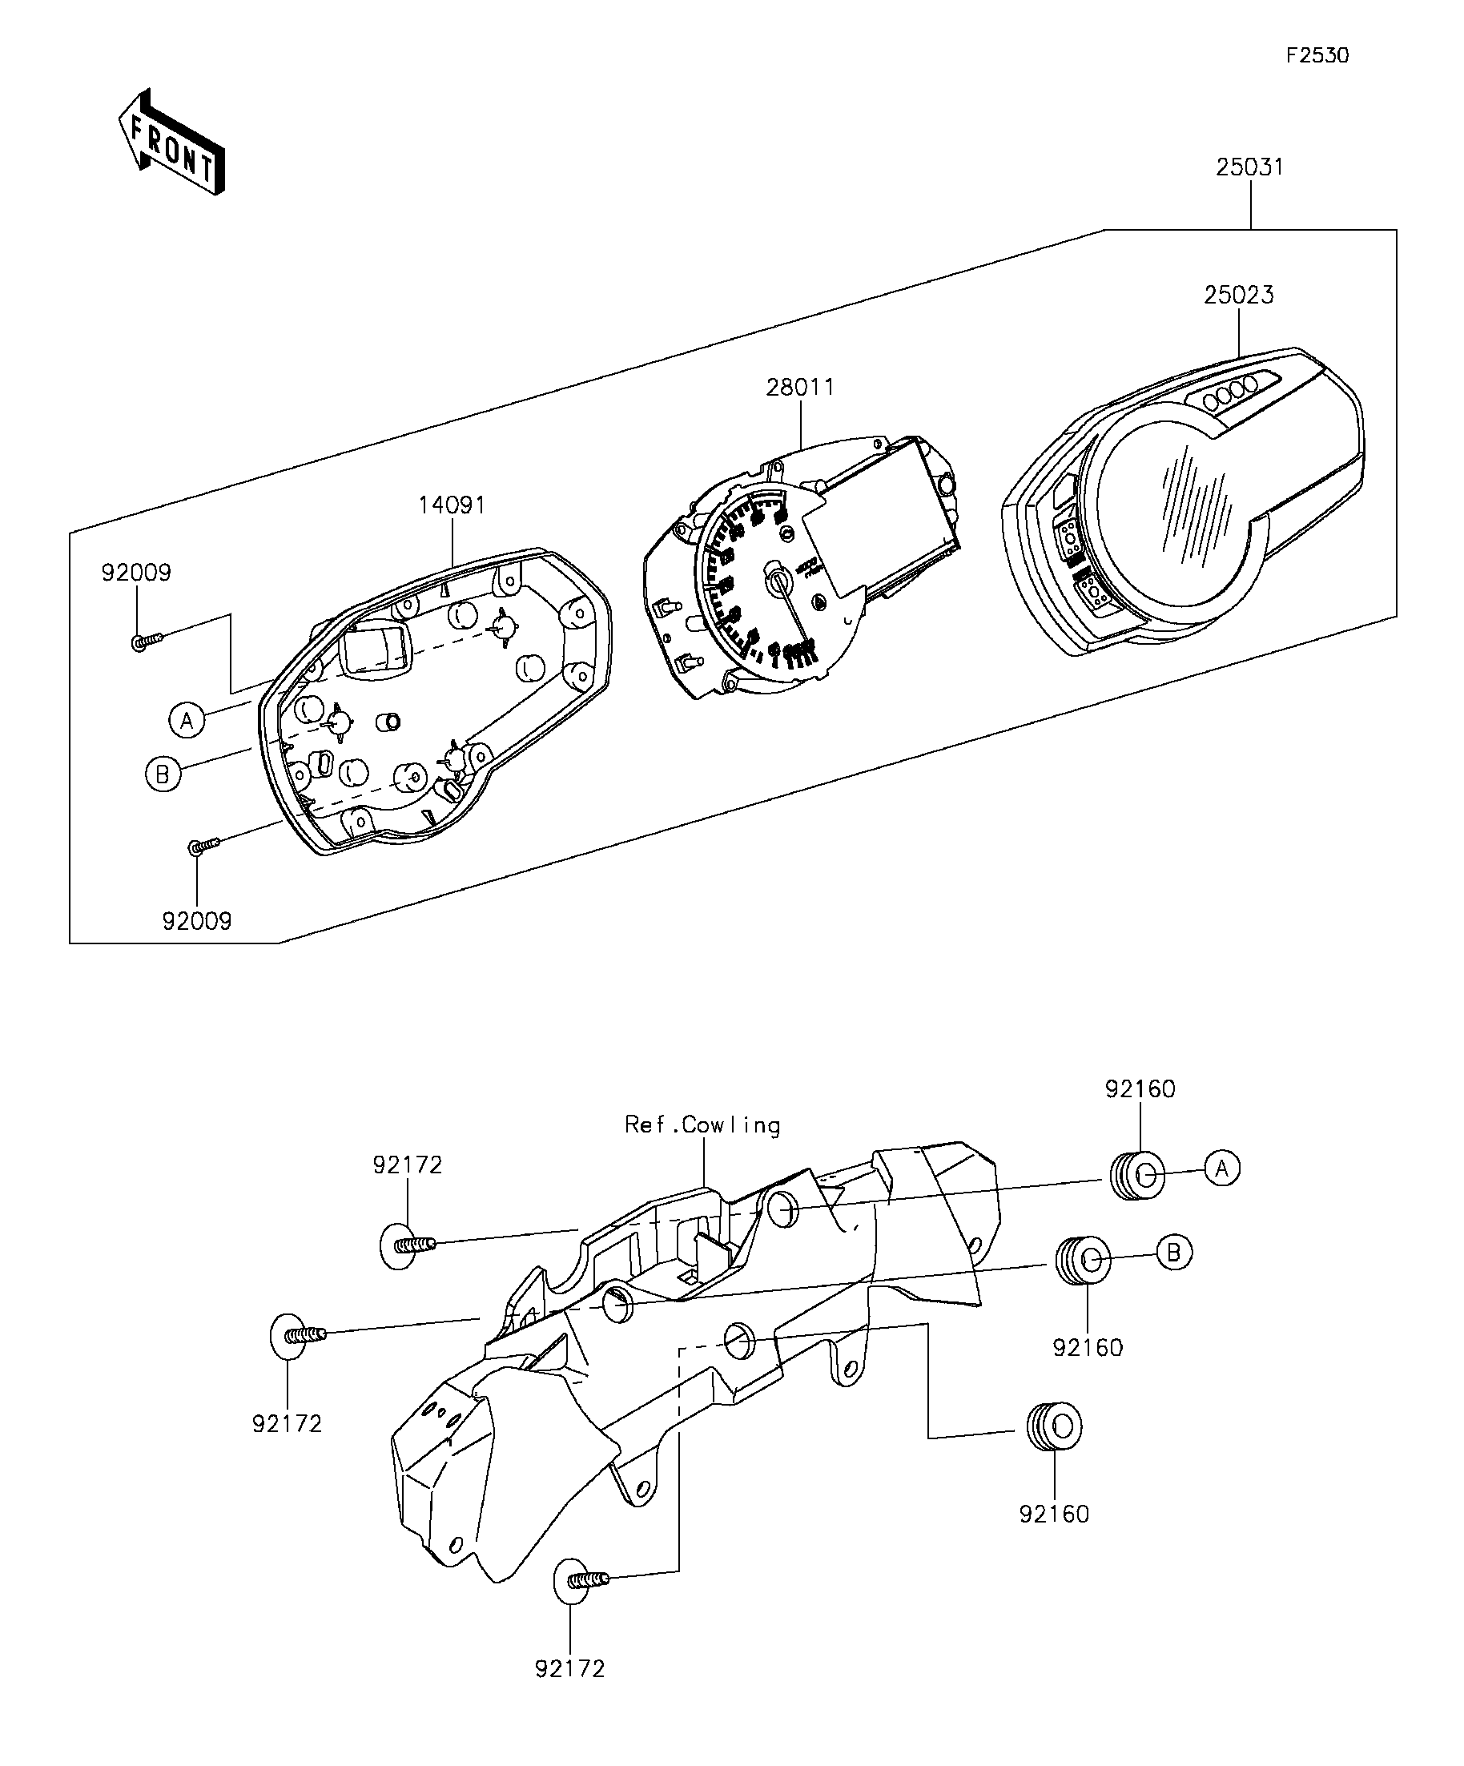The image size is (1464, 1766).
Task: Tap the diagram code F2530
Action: [1317, 55]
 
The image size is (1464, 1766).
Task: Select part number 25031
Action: [1249, 167]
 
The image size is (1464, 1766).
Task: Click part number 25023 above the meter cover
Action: [1238, 296]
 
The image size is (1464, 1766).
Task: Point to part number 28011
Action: [800, 388]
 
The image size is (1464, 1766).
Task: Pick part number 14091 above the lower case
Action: [452, 505]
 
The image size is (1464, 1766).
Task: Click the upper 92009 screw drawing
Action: [147, 641]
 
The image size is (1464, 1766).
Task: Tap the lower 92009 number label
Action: [196, 922]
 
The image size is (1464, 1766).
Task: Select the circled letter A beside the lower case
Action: [187, 721]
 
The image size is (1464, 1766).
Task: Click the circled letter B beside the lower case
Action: [163, 774]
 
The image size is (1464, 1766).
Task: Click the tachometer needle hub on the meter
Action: [776, 579]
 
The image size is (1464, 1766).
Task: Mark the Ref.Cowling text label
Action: [702, 1125]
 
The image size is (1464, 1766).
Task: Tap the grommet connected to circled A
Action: [1137, 1174]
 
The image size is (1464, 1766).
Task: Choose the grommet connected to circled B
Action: [1083, 1260]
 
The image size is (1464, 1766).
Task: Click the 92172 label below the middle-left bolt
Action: [287, 1425]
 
